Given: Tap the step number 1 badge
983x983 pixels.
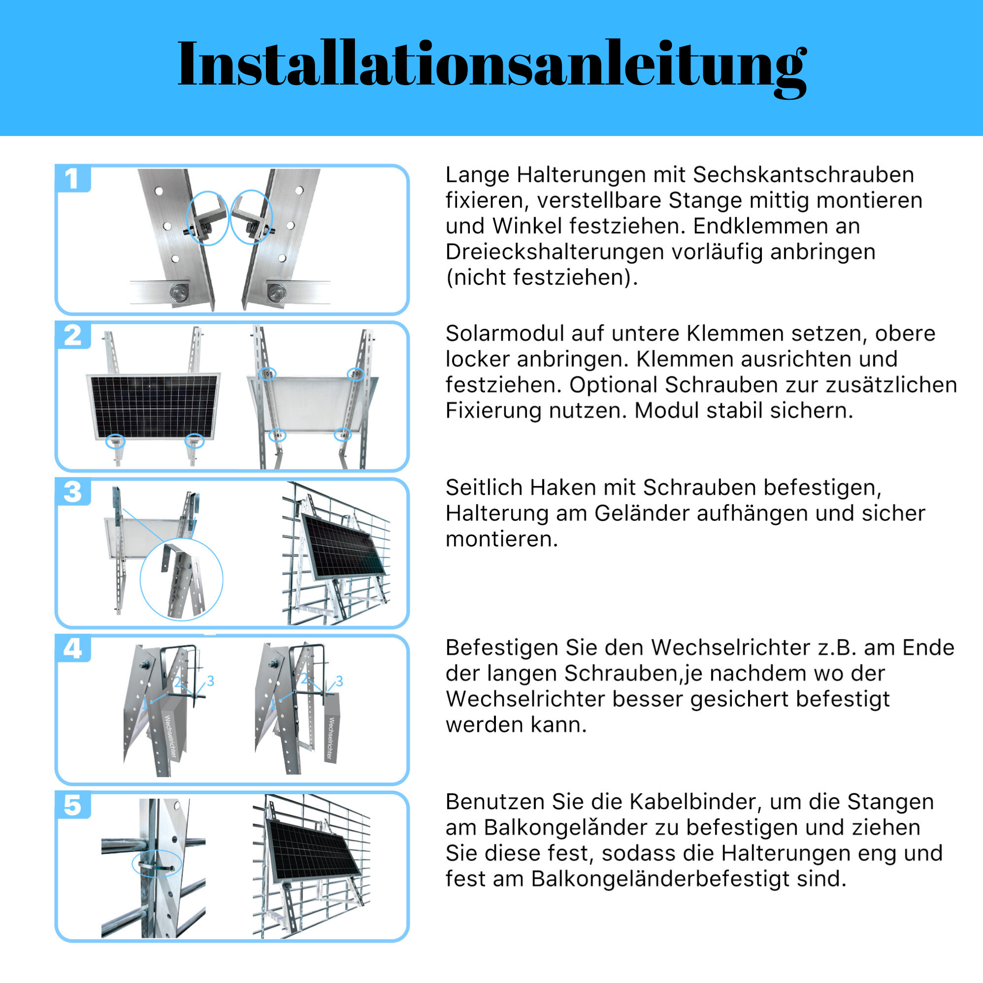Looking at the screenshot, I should [x=72, y=178].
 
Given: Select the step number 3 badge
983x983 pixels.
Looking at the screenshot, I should [x=72, y=492].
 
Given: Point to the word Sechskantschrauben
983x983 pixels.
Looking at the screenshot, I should [x=804, y=175].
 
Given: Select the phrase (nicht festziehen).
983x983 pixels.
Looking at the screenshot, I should [x=541, y=278].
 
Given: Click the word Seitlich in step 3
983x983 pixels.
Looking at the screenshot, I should [x=484, y=488].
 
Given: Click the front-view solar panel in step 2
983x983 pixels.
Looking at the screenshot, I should [x=154, y=406].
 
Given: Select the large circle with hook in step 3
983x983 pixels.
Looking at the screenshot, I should [x=182, y=579].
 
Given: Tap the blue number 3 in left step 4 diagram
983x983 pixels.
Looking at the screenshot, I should [x=211, y=681].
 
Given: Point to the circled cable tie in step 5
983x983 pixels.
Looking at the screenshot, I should [x=157, y=863].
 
